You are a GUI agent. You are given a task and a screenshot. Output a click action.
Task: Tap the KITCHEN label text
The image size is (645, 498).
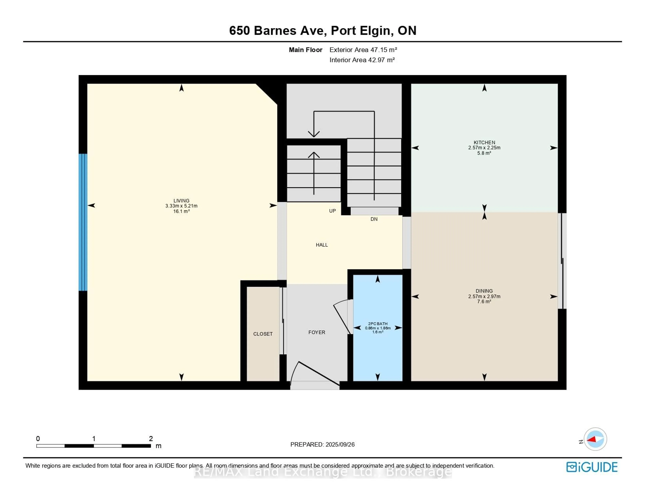tap(484, 143)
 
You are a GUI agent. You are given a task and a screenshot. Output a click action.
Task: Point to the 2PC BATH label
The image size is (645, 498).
tap(378, 324)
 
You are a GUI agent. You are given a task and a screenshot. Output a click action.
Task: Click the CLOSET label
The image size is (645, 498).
tap(263, 334)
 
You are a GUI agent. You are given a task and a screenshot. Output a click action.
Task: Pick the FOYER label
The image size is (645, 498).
tap(317, 332)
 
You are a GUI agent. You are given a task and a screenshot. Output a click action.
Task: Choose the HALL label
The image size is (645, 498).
tap(322, 245)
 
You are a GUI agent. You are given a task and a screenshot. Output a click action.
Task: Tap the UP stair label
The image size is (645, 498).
tap(333, 211)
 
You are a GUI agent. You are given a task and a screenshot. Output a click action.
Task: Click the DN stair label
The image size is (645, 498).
tap(374, 219)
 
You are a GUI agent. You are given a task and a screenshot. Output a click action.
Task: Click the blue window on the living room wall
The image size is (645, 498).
tap(83, 222)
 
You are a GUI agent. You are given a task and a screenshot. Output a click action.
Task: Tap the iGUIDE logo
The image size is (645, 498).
tap(592, 467)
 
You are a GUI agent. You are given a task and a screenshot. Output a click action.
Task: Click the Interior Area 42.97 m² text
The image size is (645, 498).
tap(362, 60)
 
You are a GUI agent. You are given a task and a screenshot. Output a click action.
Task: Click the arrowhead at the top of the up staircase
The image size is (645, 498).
tap(314, 155)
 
